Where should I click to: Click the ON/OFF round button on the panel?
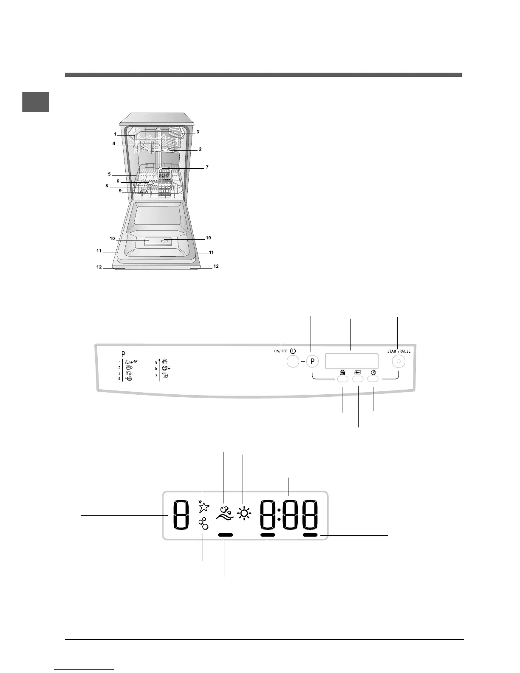click(x=293, y=362)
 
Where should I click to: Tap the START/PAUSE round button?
click(x=398, y=362)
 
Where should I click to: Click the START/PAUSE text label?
click(x=399, y=351)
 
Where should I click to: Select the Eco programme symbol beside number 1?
click(x=131, y=362)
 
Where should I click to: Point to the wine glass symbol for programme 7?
click(x=165, y=376)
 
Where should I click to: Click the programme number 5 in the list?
click(x=156, y=362)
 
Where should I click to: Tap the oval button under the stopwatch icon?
click(x=373, y=379)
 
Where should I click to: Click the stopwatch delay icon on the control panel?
click(x=373, y=372)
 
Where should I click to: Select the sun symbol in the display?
click(x=244, y=514)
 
